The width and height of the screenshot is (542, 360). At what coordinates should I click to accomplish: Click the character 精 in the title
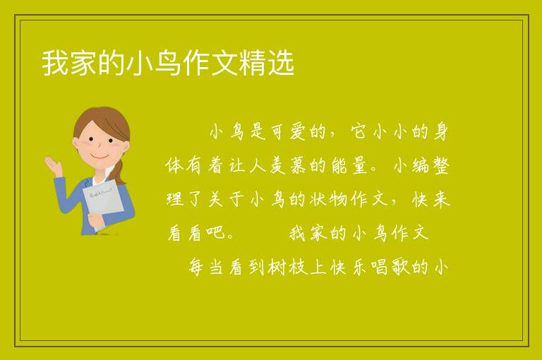point(253,63)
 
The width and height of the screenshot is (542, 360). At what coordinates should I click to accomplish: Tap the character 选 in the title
point(281,63)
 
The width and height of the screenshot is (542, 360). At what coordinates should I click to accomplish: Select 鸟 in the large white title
point(168,63)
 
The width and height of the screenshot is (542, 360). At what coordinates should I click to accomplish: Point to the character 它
point(359,131)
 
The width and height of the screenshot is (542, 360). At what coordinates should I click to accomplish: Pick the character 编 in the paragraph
point(421,165)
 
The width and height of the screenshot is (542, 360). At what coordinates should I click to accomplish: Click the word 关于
point(227,199)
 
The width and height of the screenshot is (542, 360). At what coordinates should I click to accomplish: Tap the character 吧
point(215,233)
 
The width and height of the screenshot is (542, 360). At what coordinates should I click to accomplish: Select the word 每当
point(206,267)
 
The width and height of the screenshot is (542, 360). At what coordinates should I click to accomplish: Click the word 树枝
point(288,267)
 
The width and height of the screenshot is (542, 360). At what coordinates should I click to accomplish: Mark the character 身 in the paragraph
point(440,131)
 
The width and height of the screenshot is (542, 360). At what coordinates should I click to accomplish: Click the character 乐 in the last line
point(359,267)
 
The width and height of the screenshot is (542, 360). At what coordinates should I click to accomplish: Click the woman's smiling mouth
point(100,156)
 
